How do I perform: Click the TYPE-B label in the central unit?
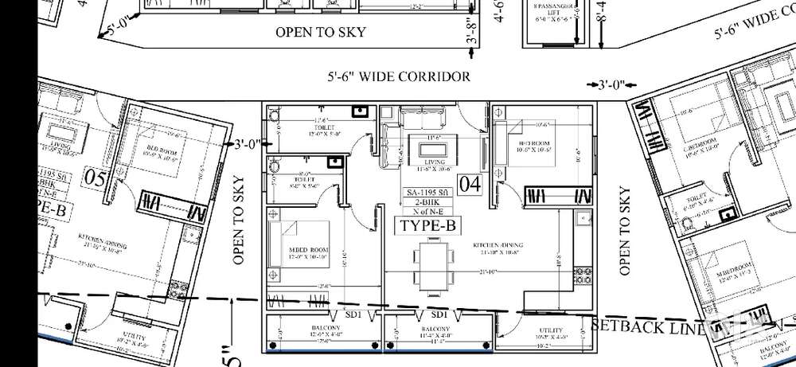pyautogui.click(x=427, y=226)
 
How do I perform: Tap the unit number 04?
pyautogui.click(x=470, y=185)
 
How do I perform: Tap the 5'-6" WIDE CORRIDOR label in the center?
pyautogui.click(x=398, y=77)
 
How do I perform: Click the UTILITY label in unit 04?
pyautogui.click(x=549, y=330)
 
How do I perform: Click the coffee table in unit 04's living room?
pyautogui.click(x=431, y=147)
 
